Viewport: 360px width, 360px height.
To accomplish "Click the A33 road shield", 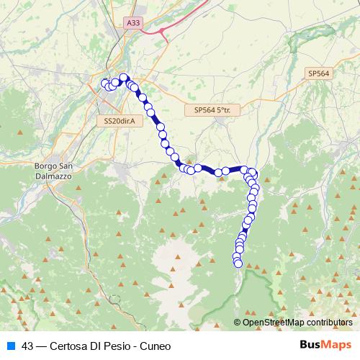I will (x=133, y=23).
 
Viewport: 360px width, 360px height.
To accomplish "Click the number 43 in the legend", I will (x=28, y=346).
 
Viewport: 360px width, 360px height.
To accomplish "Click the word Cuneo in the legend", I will (x=156, y=346).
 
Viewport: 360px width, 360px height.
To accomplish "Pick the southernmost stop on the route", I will (x=238, y=264).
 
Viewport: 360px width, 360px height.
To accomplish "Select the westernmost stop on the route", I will (x=105, y=83).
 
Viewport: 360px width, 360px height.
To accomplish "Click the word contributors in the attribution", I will (x=327, y=323).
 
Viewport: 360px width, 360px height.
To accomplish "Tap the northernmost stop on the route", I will (x=123, y=78).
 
